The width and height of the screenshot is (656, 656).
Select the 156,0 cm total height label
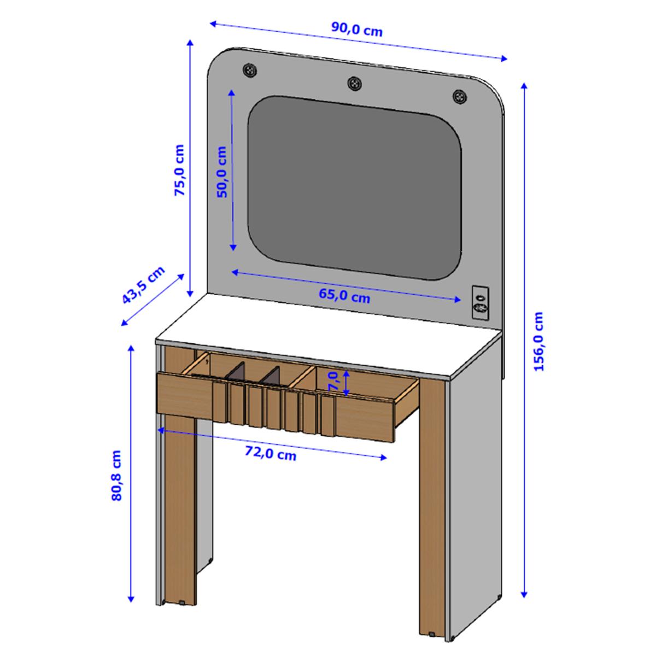pos(539,341)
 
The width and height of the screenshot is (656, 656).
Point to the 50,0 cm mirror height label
pos(221,172)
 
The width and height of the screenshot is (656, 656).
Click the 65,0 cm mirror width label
pos(344,296)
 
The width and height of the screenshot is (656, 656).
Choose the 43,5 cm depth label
pos(143,285)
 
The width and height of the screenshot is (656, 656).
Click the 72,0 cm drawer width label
pos(270,453)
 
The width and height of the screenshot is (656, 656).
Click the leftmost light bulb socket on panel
pos(250,70)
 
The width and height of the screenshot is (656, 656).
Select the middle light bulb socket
pos(355,83)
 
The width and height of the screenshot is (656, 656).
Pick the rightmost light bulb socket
pos(460,97)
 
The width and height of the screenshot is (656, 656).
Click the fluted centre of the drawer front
pos(273,407)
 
